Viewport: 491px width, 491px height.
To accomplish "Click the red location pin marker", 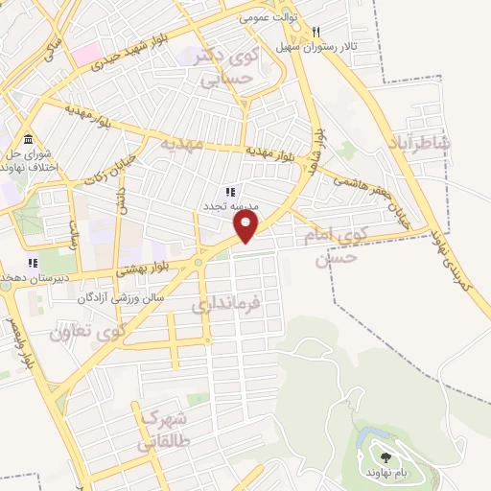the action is (246, 226).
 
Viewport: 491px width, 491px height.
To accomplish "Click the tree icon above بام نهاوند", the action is (386, 458).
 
